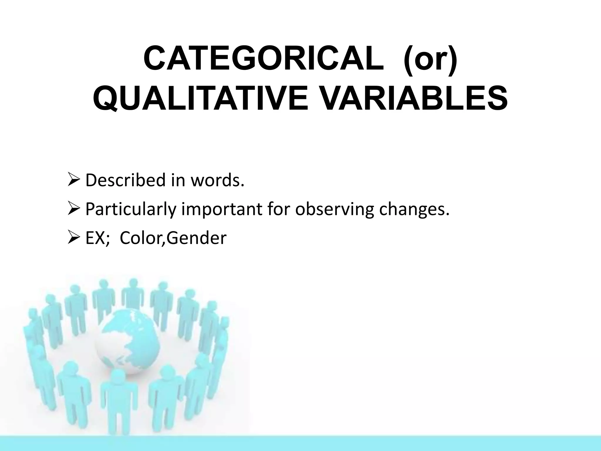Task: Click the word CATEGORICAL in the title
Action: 264,58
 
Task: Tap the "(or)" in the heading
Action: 430,58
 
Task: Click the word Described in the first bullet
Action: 126,180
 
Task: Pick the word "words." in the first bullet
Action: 217,180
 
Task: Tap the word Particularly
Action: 131,209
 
